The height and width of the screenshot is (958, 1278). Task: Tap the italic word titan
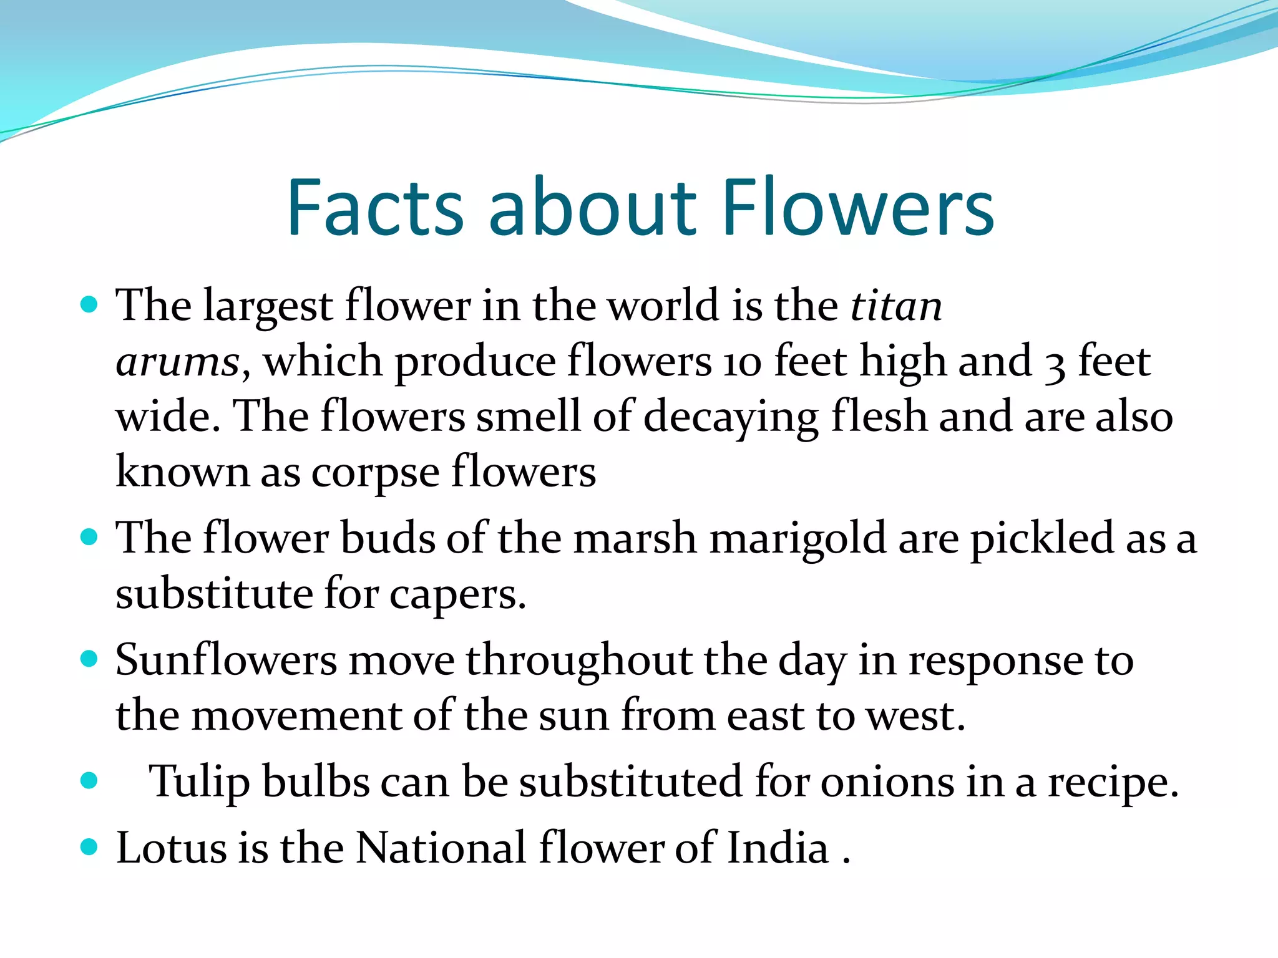point(897,306)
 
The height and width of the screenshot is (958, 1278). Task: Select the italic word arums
point(178,362)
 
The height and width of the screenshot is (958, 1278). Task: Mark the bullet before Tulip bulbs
point(90,780)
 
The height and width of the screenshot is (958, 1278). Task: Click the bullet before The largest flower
point(90,304)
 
